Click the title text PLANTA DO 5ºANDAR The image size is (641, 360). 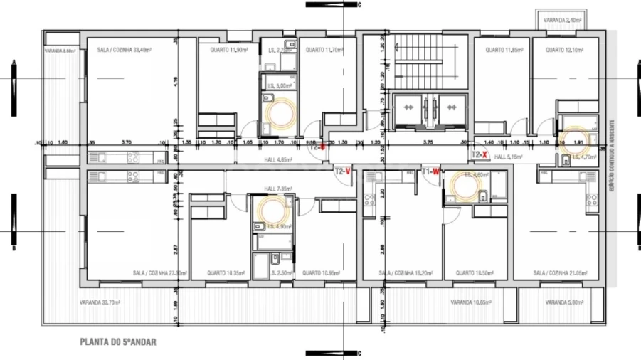pyautogui.click(x=117, y=342)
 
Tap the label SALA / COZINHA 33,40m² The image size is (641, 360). pyautogui.click(x=127, y=51)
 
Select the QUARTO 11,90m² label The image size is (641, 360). pyautogui.click(x=228, y=51)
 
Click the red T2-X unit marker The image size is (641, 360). pyautogui.click(x=480, y=154)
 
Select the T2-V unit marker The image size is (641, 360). pyautogui.click(x=344, y=171)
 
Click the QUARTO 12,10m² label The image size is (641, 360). pyautogui.click(x=563, y=51)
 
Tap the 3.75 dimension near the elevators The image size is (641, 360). pyautogui.click(x=428, y=142)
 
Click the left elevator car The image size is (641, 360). pyautogui.click(x=409, y=107)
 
